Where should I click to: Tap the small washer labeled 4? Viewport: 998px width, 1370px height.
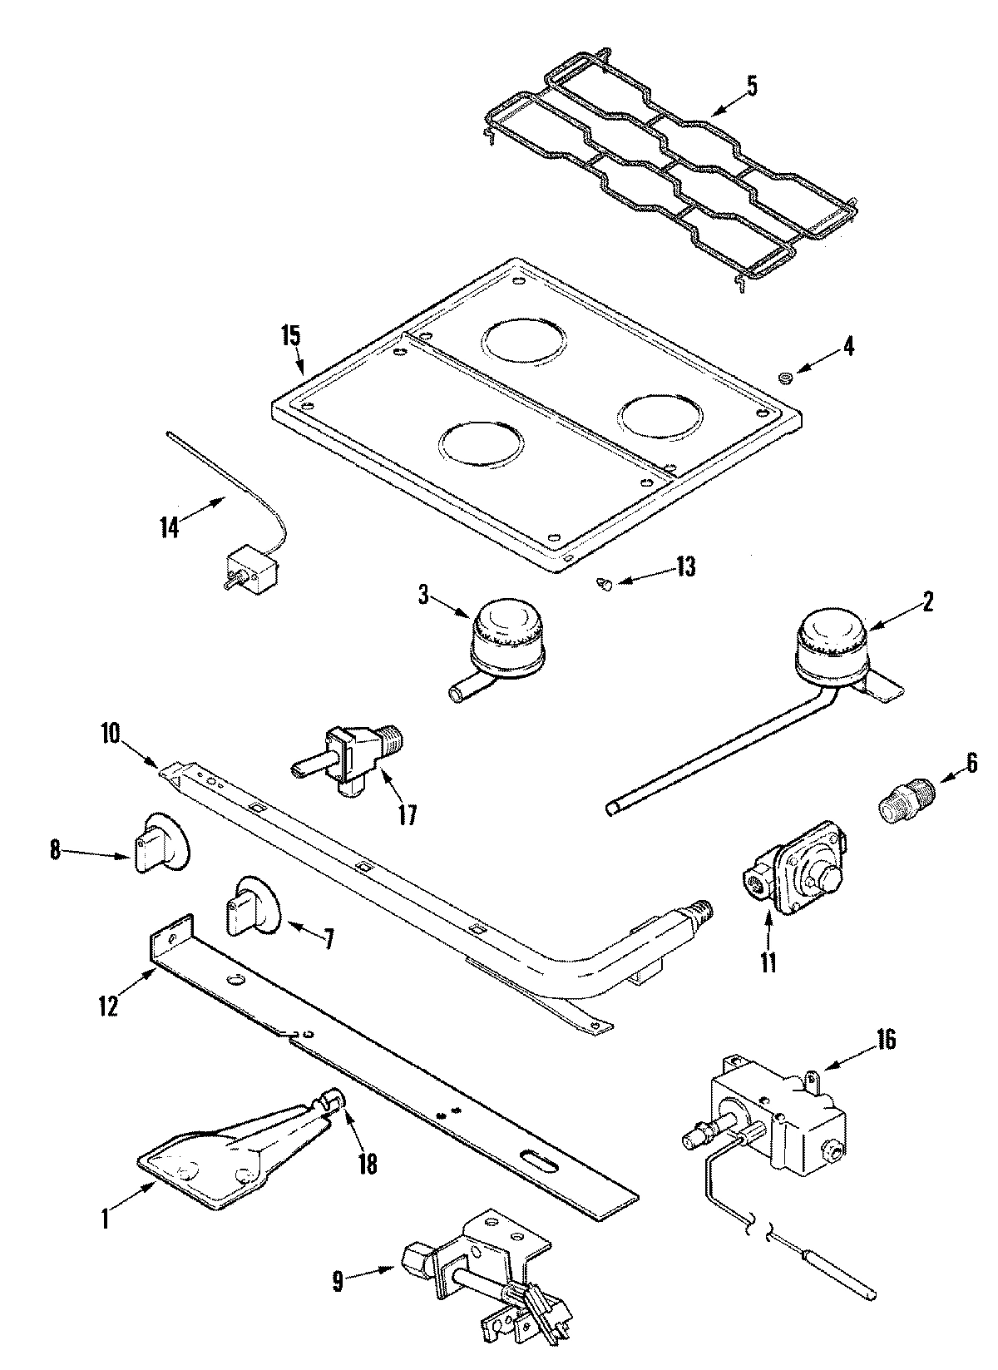(783, 379)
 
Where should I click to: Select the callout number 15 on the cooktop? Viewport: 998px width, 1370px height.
(291, 336)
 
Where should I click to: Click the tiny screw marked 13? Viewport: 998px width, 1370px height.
(605, 585)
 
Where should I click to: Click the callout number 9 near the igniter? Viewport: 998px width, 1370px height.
(338, 1282)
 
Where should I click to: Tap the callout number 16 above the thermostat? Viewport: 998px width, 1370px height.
(886, 1041)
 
